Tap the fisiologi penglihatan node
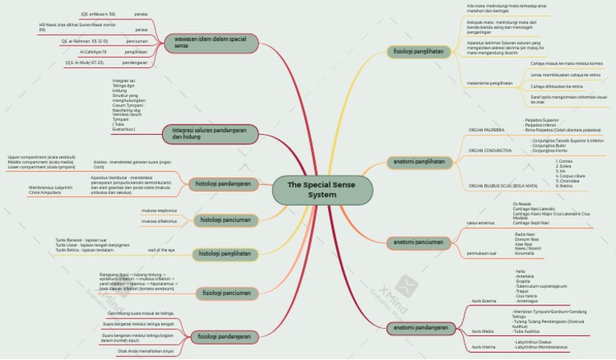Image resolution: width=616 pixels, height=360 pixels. point(417,51)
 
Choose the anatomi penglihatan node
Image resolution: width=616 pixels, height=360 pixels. point(418,161)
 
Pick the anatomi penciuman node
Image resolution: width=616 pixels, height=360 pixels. point(417,241)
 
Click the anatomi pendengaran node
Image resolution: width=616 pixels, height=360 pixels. point(421,328)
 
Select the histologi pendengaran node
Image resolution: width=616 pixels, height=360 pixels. point(222,184)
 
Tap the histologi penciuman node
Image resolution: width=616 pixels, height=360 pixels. point(225,220)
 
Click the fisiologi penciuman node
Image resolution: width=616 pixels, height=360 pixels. point(225,293)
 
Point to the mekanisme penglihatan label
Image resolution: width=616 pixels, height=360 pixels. point(489,83)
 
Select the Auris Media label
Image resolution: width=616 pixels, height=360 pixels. point(482,331)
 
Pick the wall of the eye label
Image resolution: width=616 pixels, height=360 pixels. point(160,250)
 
